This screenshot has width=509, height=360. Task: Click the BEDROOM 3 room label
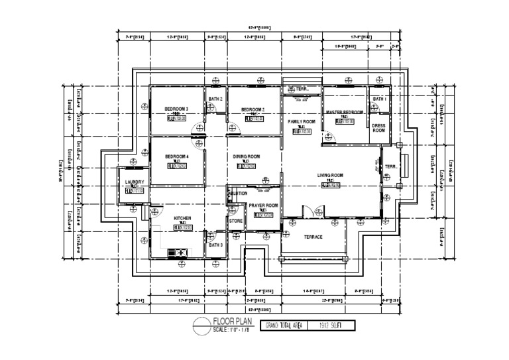177,109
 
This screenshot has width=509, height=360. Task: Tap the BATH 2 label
215,99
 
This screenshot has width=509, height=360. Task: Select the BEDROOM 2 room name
253,109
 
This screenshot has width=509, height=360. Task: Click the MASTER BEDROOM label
345,113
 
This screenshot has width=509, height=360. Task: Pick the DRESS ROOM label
378,128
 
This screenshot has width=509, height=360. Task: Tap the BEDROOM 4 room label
177,156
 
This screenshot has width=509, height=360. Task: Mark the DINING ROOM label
247,156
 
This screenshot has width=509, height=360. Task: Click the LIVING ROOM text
330,175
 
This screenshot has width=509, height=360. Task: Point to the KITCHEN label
182,218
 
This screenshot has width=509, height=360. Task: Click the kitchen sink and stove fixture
178,252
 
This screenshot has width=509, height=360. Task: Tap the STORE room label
236,221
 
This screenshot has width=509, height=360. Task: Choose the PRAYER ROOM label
263,206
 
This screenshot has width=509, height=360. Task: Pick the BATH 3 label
215,245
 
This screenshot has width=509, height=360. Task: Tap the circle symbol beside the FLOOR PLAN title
201,325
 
